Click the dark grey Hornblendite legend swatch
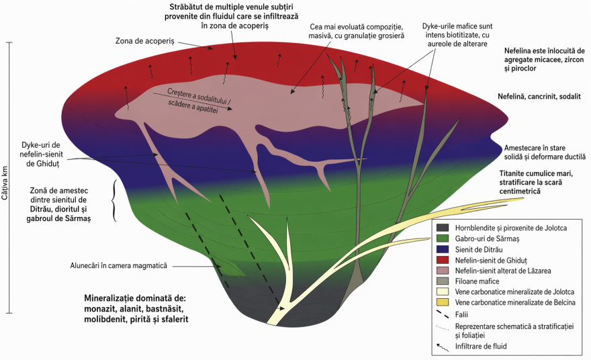443,228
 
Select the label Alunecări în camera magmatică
118,265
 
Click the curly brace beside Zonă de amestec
116,200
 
